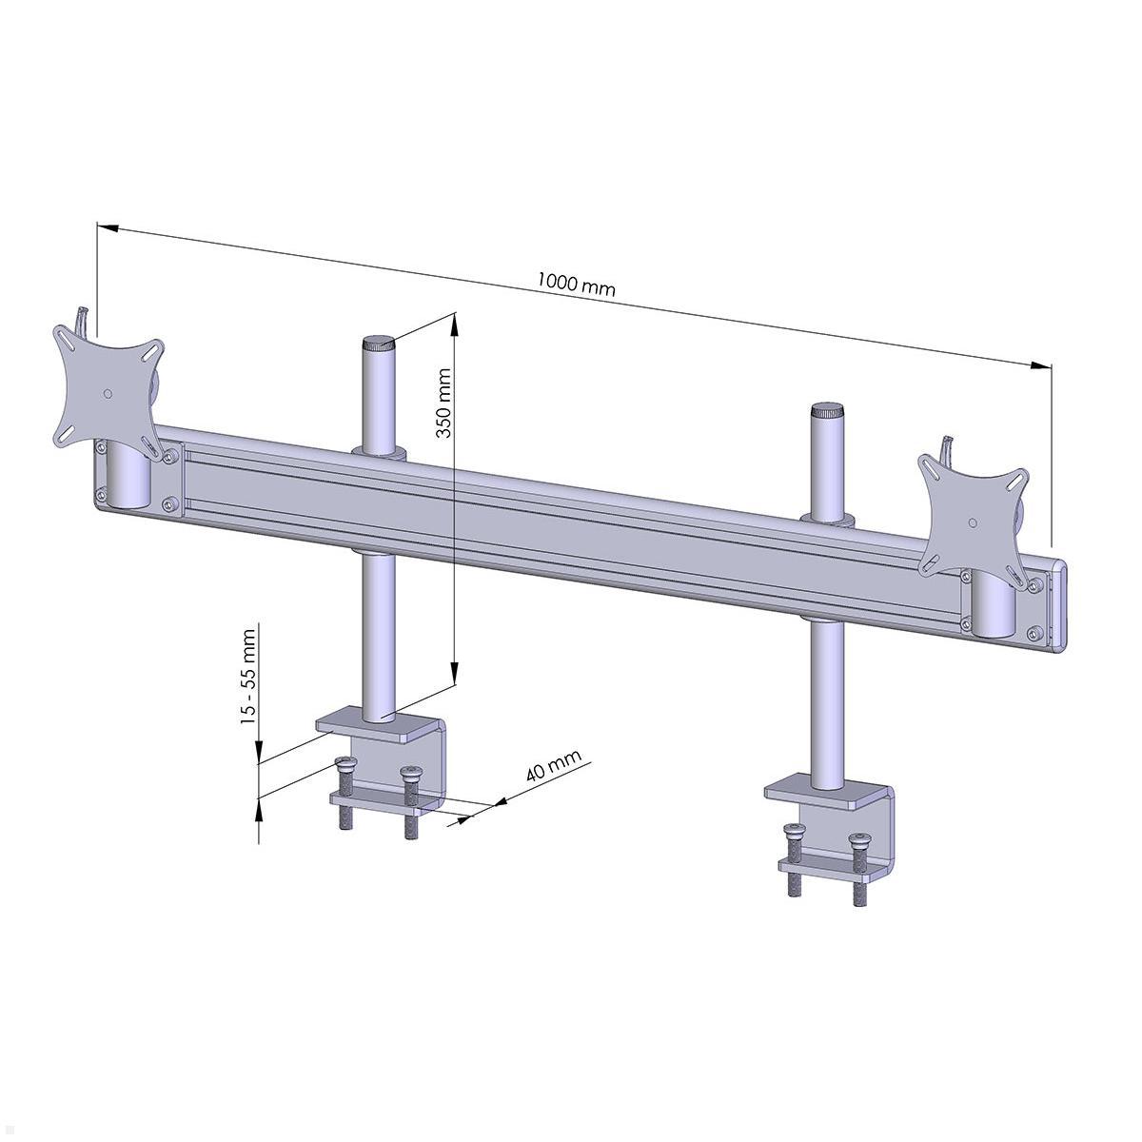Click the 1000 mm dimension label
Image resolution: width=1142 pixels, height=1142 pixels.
tap(576, 284)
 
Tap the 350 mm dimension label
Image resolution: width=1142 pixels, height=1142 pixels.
tap(443, 404)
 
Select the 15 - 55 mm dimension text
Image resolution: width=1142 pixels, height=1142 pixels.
tap(249, 676)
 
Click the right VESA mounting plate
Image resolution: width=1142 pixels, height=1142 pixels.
tap(972, 515)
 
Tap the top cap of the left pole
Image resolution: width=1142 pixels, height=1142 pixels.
tap(378, 344)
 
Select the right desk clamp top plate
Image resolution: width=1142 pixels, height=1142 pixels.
tap(828, 794)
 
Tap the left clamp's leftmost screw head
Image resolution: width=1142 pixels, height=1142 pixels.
tap(345, 761)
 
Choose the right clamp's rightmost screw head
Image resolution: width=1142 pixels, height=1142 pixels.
tap(860, 840)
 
